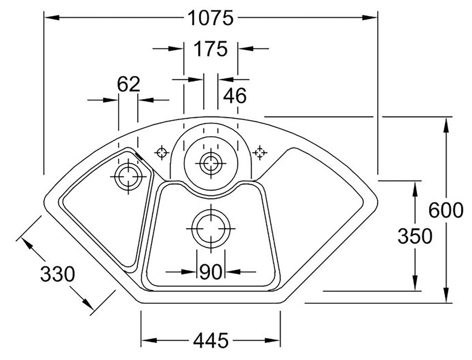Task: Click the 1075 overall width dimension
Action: click(x=211, y=19)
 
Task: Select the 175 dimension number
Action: click(x=211, y=49)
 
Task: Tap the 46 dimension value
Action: click(x=235, y=96)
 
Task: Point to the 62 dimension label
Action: click(x=128, y=85)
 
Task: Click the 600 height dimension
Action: click(x=445, y=210)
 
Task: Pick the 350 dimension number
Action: click(x=414, y=236)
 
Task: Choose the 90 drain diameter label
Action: click(x=211, y=272)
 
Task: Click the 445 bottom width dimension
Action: click(x=210, y=341)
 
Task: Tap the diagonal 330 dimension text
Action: click(x=58, y=274)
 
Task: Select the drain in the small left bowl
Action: click(x=128, y=176)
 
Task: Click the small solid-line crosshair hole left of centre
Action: click(x=162, y=153)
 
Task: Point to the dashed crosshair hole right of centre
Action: click(x=259, y=153)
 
